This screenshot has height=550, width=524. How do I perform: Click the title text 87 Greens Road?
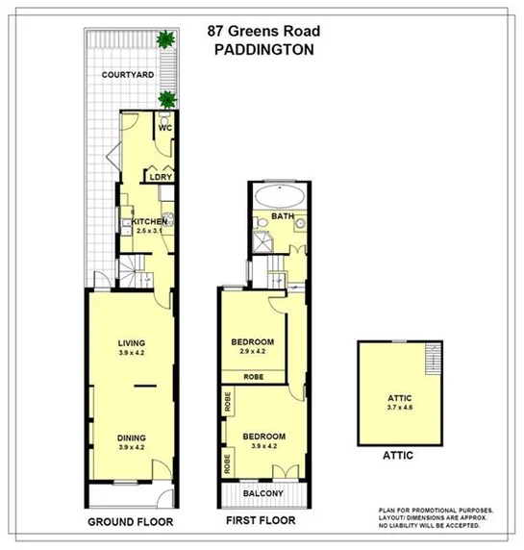262,29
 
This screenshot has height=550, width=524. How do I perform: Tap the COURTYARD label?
130,74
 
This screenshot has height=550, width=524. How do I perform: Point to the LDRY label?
159,176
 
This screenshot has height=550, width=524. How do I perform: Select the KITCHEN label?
149,221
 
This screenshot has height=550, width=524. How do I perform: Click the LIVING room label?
132,342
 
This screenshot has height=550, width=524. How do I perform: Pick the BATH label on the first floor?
281,216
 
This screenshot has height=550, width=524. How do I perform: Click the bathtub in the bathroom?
281,193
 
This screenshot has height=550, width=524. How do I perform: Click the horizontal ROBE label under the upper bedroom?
254,377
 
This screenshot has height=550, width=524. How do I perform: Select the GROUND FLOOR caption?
131,523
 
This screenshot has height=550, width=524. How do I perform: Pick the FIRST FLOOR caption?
259,523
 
